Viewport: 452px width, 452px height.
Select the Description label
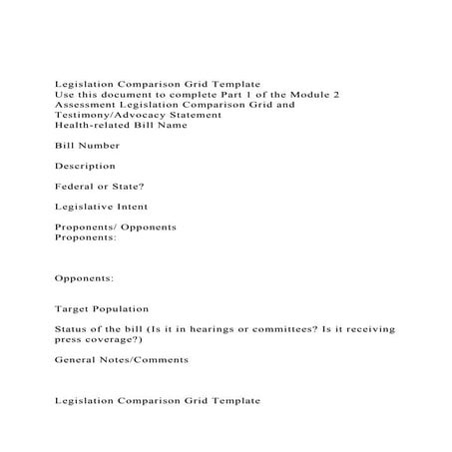[x=85, y=166]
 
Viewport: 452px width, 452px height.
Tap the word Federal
[x=77, y=187]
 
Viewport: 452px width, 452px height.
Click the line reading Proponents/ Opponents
[x=116, y=227]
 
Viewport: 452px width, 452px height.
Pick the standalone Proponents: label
[x=86, y=237]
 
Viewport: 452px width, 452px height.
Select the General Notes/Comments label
[x=121, y=359]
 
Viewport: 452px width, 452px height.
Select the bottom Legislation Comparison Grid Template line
[x=158, y=400]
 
